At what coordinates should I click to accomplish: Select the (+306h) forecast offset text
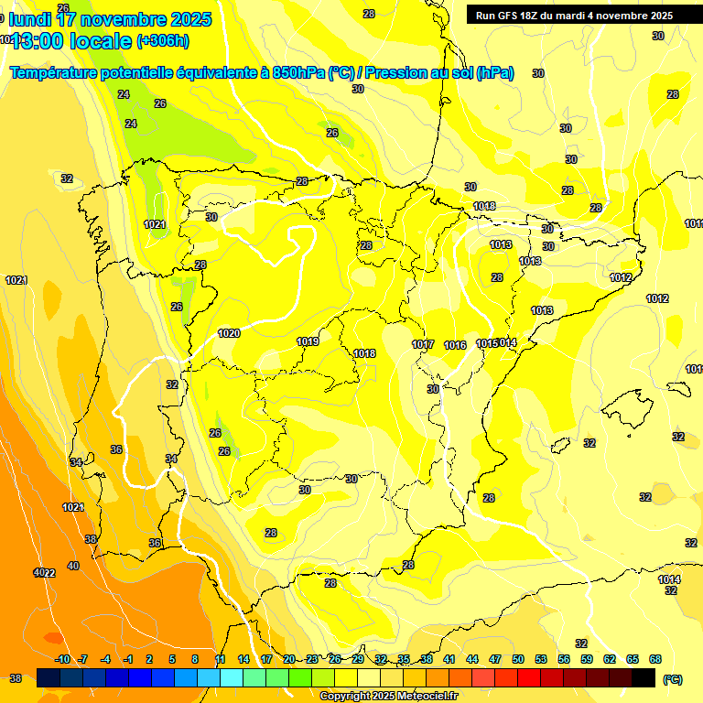tap(163, 41)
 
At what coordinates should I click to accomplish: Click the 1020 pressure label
tap(229, 333)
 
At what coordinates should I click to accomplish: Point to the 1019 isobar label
tap(308, 341)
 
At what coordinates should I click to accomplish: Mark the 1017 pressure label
tap(422, 344)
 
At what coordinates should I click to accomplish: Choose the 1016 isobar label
tap(455, 345)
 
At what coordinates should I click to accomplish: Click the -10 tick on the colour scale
tap(62, 659)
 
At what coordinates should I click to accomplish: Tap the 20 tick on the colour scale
tap(289, 659)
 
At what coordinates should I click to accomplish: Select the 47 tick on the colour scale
tap(495, 659)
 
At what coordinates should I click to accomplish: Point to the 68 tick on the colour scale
tap(655, 659)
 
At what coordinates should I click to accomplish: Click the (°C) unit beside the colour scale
tap(674, 678)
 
